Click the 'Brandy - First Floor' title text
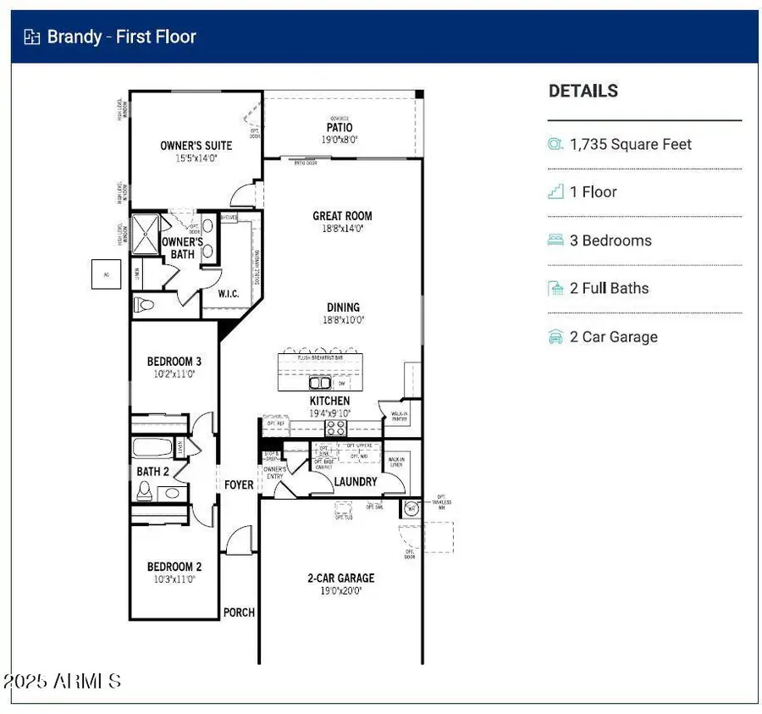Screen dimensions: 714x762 (x=121, y=36)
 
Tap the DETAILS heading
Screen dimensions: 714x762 (x=583, y=91)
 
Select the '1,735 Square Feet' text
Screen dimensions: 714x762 (x=630, y=144)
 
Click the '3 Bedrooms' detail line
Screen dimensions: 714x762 (x=610, y=240)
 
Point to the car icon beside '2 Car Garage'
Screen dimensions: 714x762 (x=555, y=336)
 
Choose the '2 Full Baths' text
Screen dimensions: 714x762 (x=609, y=288)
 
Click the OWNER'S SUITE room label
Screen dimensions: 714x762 (x=196, y=146)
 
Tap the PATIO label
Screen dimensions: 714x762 (x=340, y=128)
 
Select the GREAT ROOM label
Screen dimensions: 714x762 (x=342, y=216)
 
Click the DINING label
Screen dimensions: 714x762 (x=343, y=307)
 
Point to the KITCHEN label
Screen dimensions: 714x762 (x=329, y=401)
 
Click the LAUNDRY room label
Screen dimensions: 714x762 (x=356, y=481)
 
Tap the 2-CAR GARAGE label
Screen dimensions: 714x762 (x=340, y=578)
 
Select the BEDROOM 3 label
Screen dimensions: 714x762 (x=174, y=361)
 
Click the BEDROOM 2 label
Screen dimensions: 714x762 (x=174, y=567)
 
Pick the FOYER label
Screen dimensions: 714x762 (x=239, y=484)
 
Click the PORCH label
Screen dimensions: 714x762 (x=239, y=612)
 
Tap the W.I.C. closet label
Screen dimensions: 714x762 (x=229, y=294)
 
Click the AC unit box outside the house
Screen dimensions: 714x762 (x=107, y=274)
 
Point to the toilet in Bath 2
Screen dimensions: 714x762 (x=145, y=490)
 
